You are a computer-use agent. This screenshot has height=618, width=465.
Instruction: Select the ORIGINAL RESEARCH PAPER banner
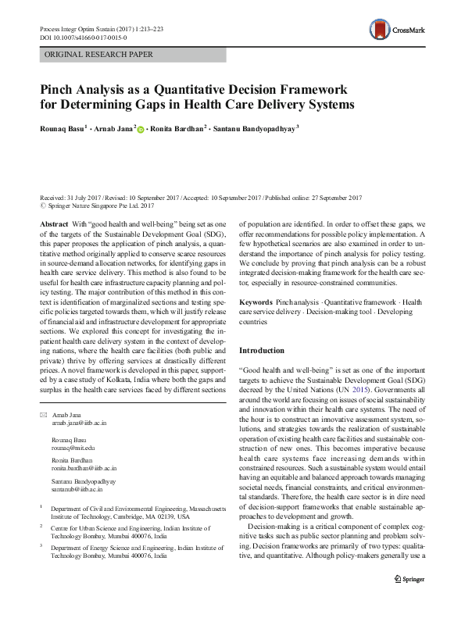(99, 55)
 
